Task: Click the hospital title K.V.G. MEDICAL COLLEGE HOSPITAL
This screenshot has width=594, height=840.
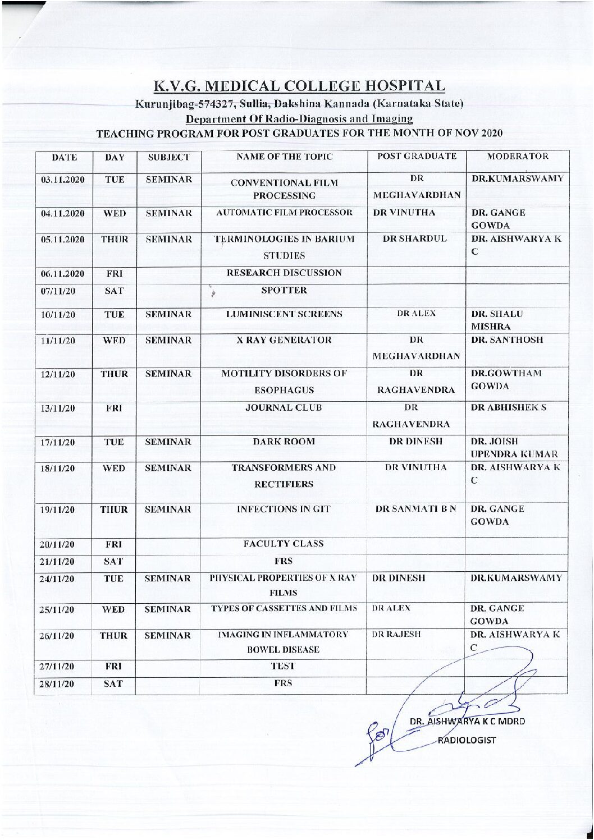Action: pos(300,86)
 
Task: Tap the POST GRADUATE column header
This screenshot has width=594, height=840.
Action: pos(417,157)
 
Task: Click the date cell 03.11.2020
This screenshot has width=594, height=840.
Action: pos(63,180)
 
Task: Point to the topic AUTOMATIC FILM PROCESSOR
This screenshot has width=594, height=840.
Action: pos(285,213)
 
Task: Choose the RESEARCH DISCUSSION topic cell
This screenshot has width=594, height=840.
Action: pos(284,273)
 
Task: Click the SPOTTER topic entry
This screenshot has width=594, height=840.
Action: pos(284,290)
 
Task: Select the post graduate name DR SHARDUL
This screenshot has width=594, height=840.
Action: pos(415,238)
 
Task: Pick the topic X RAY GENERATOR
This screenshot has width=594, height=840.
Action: pos(284,339)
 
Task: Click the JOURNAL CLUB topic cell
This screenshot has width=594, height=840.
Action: pos(284,407)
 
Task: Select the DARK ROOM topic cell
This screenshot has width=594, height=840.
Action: pos(284,442)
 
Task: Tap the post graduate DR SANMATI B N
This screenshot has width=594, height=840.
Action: pos(416,509)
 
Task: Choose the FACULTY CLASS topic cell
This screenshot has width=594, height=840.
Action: pos(284,543)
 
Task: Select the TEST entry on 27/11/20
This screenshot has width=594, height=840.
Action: pos(284,666)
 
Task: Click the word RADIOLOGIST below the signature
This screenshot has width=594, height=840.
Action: pos(467,740)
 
